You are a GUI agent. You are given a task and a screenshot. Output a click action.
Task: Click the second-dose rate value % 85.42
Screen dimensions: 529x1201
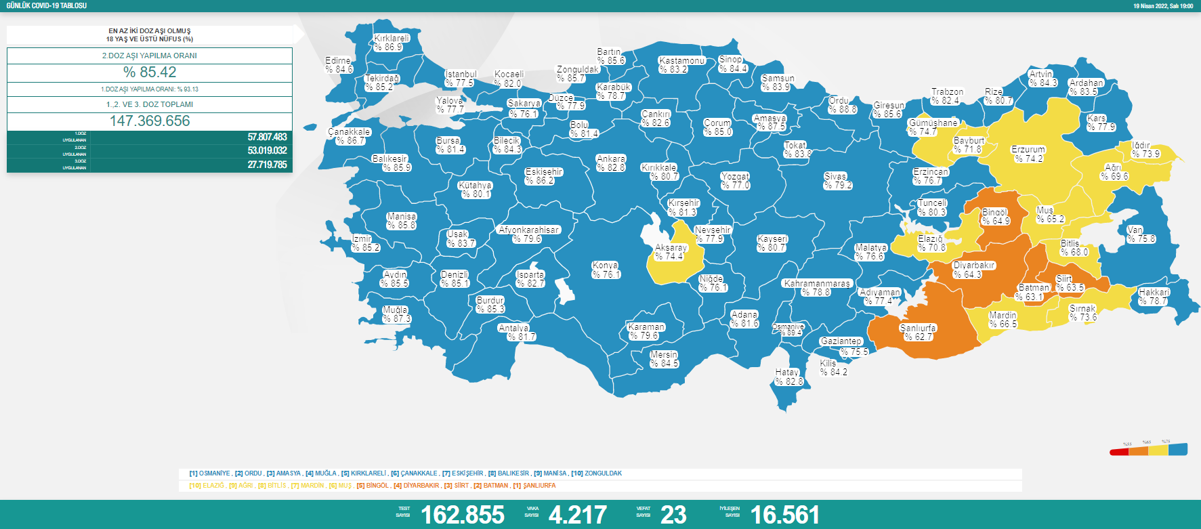150,72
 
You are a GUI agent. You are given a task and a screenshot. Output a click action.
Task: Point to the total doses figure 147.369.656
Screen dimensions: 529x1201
150,121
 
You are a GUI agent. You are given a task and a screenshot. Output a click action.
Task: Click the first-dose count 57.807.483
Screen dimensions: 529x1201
267,137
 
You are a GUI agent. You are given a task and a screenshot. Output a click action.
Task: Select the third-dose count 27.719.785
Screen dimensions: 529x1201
267,165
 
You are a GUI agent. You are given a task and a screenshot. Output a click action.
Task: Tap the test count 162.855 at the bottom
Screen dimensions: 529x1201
463,515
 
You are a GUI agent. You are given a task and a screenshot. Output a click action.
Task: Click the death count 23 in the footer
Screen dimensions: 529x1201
673,515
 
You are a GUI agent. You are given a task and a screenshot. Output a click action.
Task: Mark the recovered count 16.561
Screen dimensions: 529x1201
785,515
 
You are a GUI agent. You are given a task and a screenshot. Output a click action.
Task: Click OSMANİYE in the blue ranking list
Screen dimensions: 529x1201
214,473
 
